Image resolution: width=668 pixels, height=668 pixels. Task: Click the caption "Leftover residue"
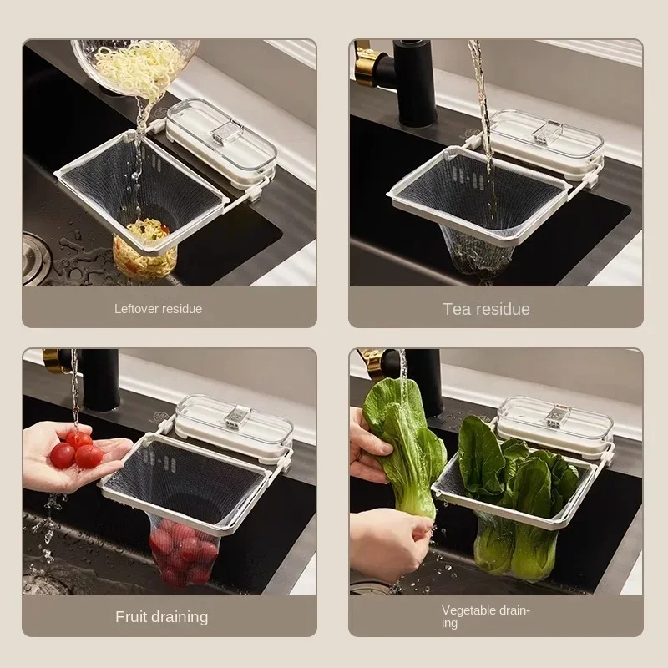click(x=158, y=309)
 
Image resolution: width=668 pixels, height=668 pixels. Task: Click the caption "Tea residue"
click(x=486, y=309)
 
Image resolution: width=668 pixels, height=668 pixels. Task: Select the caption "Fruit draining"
click(x=161, y=617)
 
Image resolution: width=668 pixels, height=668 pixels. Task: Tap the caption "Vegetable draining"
click(x=485, y=616)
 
